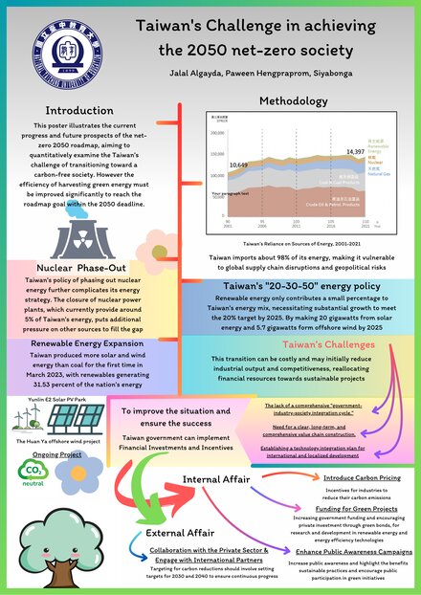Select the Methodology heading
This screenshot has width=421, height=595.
(x=295, y=101)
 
